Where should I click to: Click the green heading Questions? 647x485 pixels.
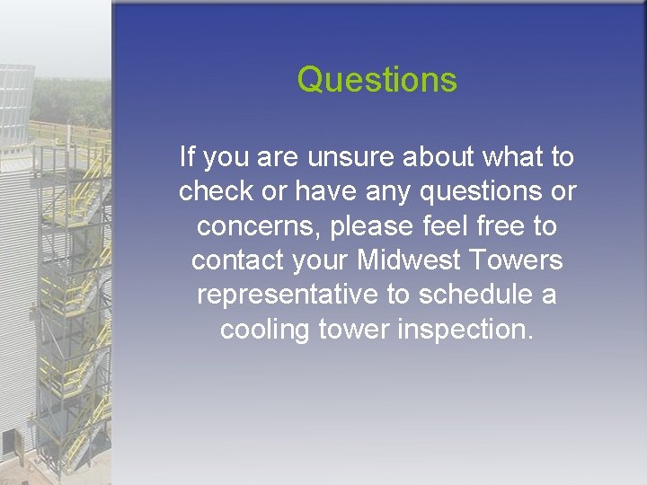377,80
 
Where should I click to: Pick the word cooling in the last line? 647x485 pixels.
265,329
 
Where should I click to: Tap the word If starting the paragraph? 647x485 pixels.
187,158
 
